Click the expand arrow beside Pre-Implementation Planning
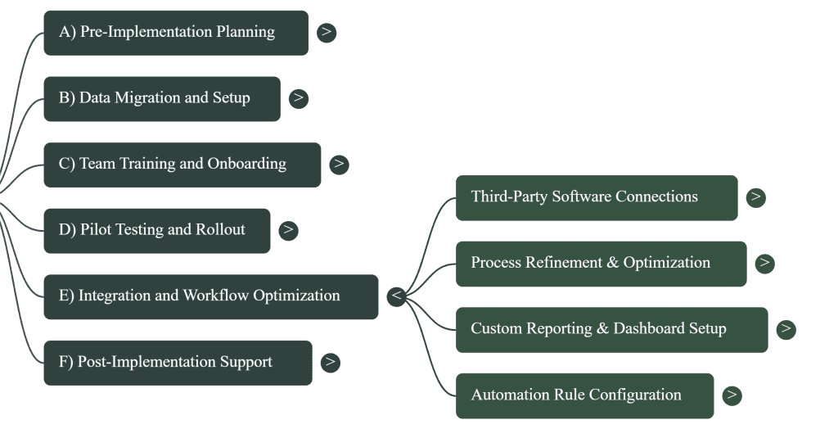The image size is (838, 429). pos(327,33)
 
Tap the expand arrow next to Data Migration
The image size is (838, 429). pos(299,98)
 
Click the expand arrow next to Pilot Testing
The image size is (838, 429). pos(288,230)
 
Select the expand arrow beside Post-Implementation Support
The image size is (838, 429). pos(330,362)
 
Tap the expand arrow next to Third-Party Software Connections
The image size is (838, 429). pos(756,197)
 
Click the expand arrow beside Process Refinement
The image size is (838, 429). pos(765,263)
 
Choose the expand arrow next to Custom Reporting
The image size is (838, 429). pos(786,329)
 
